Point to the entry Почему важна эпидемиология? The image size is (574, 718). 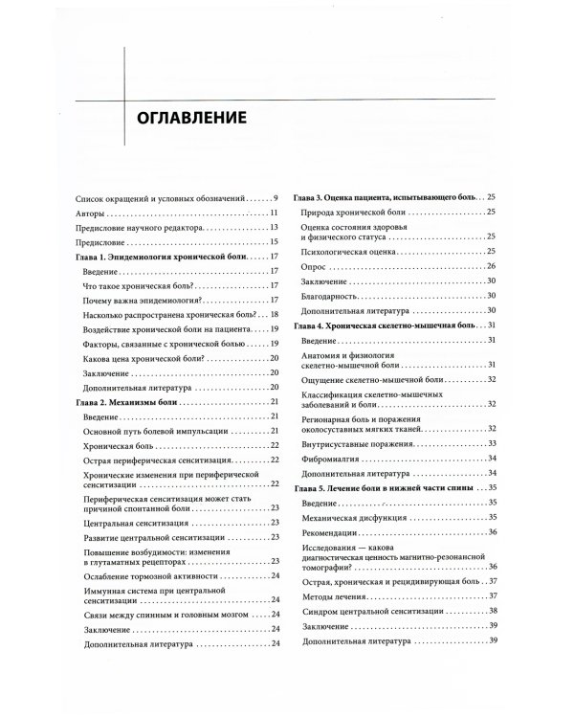tap(142, 300)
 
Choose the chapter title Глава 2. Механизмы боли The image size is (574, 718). tap(129, 402)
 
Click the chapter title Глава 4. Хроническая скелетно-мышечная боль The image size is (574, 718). tap(384, 326)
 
